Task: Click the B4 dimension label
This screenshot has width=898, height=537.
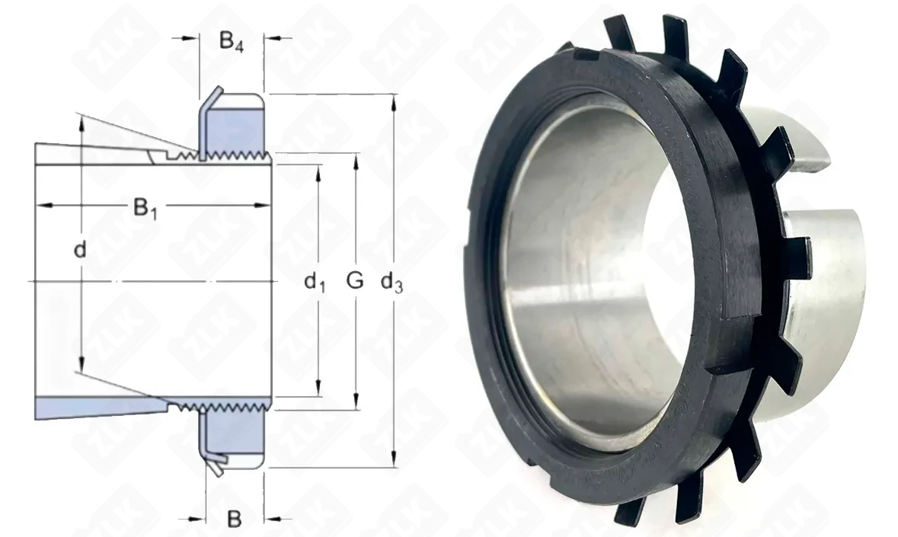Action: [232, 42]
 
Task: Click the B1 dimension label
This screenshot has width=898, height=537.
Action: [145, 209]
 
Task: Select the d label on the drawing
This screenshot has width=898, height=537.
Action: [80, 250]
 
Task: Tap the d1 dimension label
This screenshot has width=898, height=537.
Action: [315, 282]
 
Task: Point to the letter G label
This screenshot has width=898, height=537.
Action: [355, 280]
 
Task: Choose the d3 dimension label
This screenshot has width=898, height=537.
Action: [391, 282]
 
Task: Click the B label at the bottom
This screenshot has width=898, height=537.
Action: [235, 519]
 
